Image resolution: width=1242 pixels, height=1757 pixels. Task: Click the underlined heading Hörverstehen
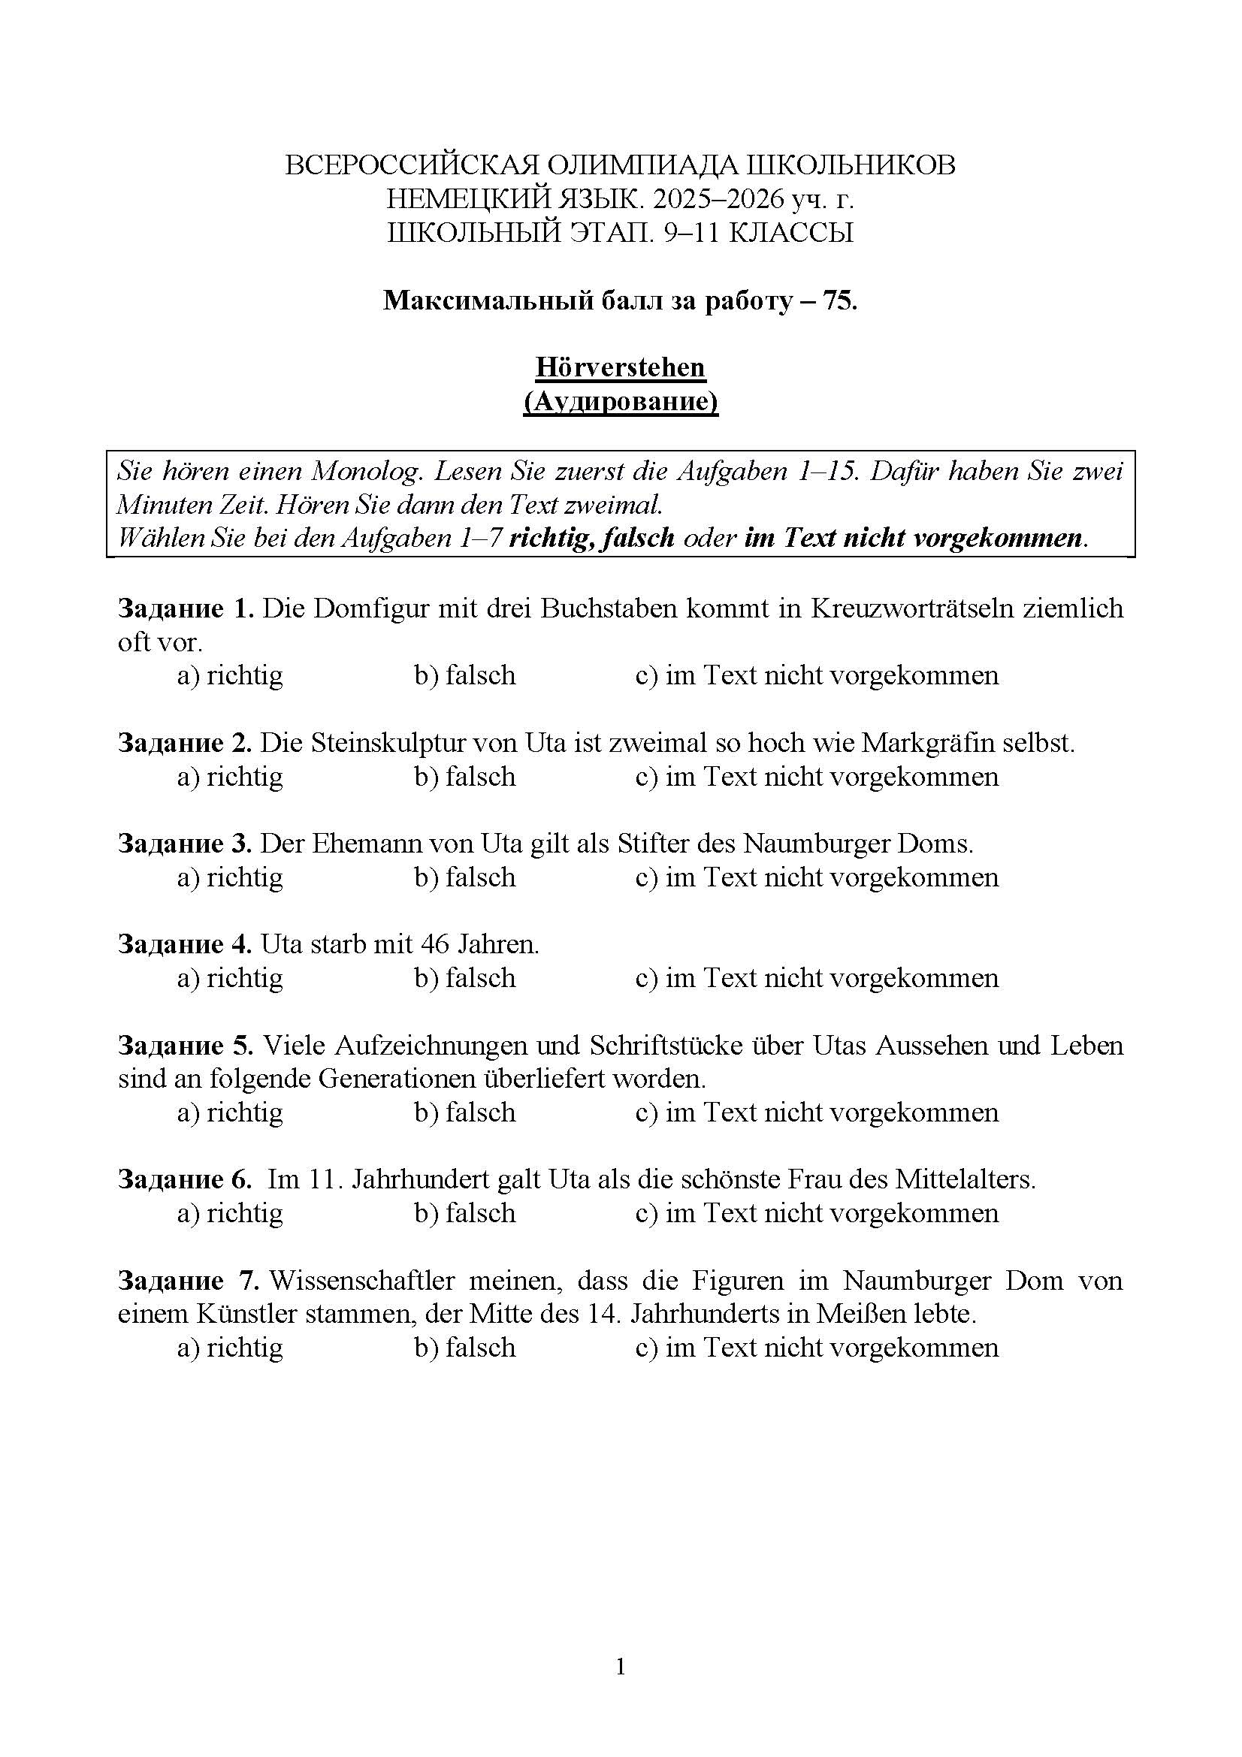pos(620,367)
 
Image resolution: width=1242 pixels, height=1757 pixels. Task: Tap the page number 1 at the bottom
pos(620,1666)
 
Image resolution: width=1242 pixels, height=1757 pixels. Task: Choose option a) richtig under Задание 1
pos(231,675)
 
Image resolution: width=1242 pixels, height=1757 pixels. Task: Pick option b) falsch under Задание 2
pos(465,776)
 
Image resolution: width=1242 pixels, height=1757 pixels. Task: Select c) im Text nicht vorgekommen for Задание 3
pos(817,877)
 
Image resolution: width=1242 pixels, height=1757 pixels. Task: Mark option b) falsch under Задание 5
pos(465,1112)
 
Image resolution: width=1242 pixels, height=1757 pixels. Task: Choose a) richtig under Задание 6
pos(231,1213)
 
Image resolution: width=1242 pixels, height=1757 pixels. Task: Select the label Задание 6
pos(184,1179)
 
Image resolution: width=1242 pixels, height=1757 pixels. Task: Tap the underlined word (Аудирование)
pos(620,401)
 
